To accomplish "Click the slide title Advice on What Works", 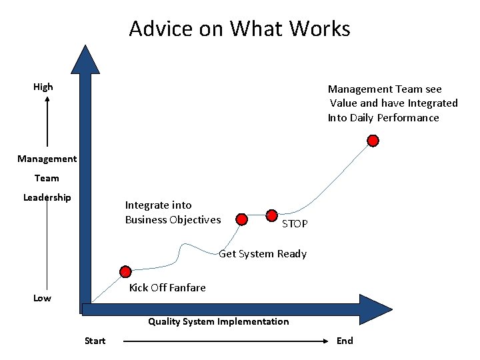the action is coord(239,29).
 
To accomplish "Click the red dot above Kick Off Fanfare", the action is coord(125,271).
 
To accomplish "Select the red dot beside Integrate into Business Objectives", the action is coord(243,219).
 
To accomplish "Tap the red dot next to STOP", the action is coord(272,215).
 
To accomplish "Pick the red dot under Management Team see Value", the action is coord(373,141).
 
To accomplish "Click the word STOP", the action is coord(295,224).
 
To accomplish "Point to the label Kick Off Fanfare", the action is coord(167,287).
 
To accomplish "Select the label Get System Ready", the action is coord(263,253).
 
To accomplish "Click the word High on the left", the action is coord(43,87).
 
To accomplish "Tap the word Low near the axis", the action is coord(42,298).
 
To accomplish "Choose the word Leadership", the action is coord(47,197).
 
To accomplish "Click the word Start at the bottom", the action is coord(95,341).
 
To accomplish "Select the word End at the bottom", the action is coord(345,341).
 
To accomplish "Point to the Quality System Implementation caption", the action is coord(219,321).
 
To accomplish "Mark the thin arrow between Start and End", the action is coord(227,341).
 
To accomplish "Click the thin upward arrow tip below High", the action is coord(48,100).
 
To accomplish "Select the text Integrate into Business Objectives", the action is coord(173,213).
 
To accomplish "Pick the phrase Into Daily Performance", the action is coord(383,118).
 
